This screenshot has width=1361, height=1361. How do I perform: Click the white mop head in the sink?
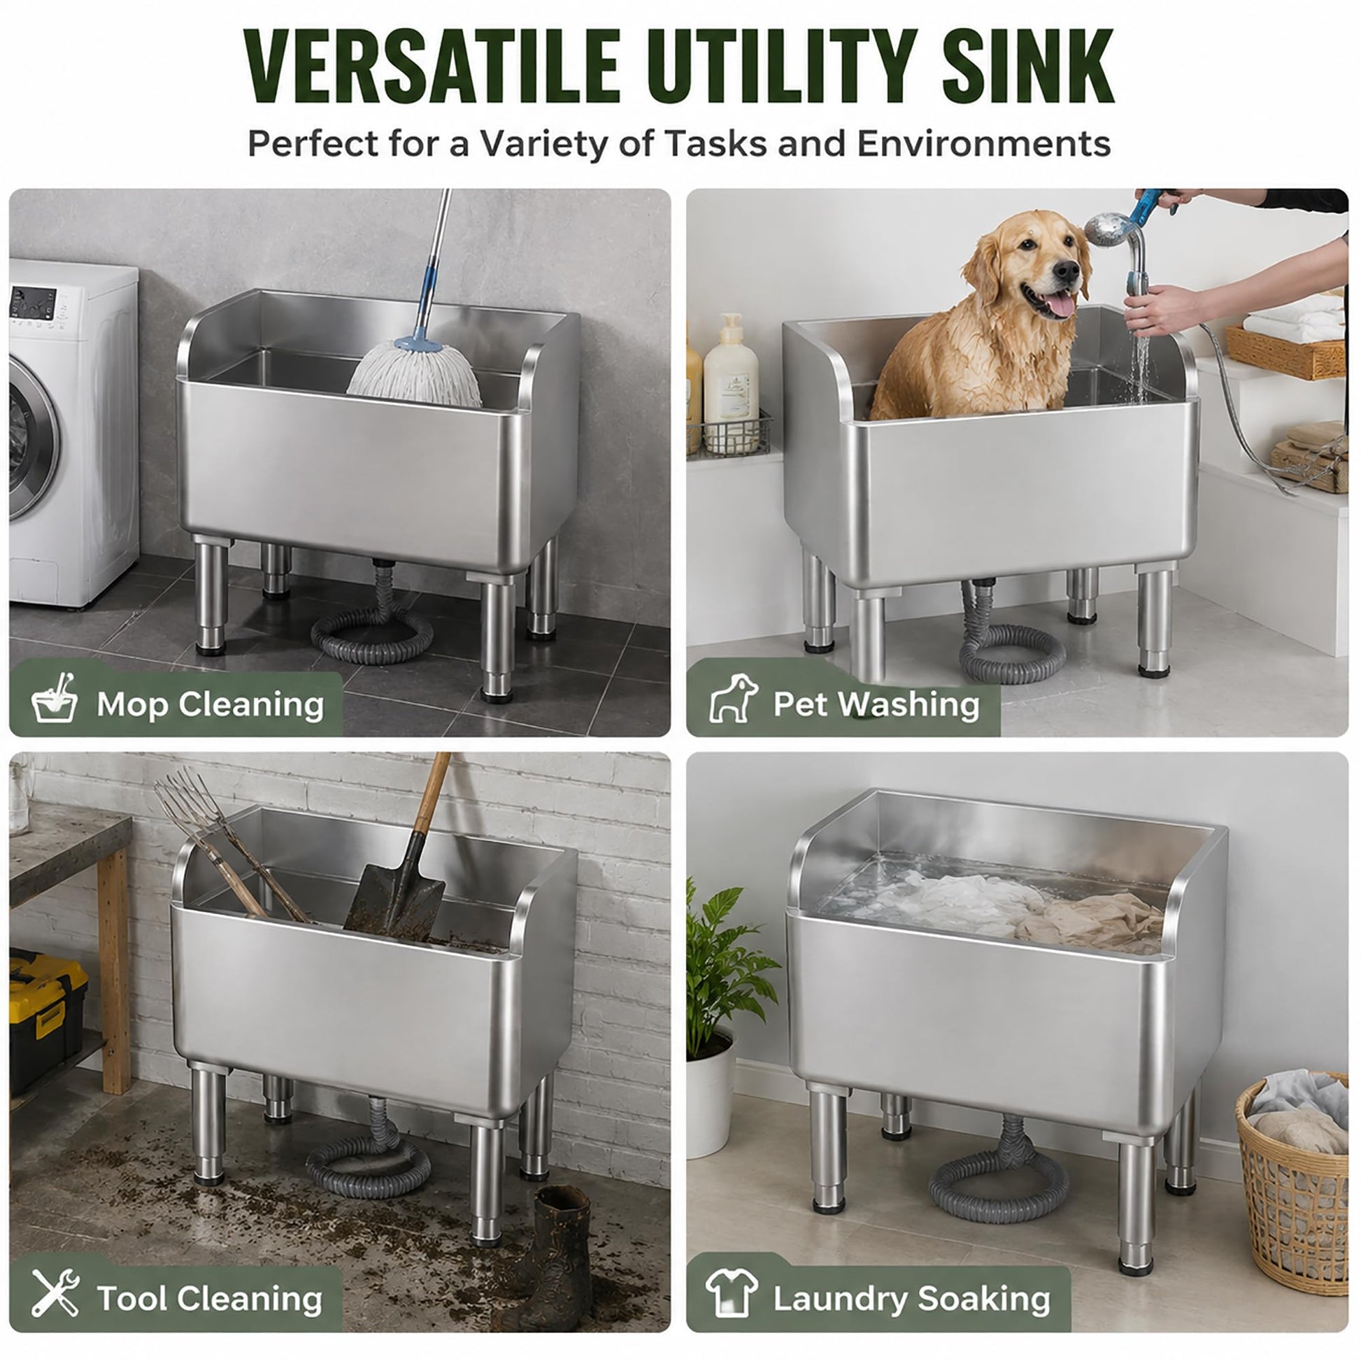pyautogui.click(x=415, y=373)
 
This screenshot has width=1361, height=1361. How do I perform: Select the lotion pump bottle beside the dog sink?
pyautogui.click(x=731, y=384)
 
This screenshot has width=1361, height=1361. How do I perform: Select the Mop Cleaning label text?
pyautogui.click(x=210, y=704)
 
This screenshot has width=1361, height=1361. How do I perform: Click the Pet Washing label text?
pyautogui.click(x=876, y=704)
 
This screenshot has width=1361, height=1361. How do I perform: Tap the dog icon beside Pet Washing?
pyautogui.click(x=734, y=698)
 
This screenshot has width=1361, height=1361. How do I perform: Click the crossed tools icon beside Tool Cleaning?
pyautogui.click(x=55, y=1292)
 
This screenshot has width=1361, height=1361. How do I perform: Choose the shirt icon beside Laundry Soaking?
pyautogui.click(x=733, y=1292)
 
